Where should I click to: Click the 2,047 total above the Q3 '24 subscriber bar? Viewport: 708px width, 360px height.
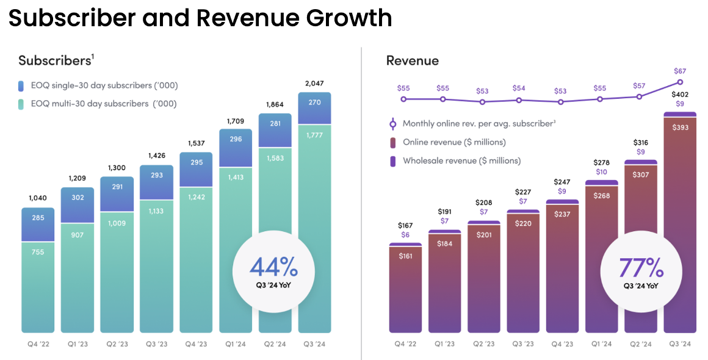coord(314,83)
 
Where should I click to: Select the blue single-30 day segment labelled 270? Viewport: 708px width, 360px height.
coord(315,103)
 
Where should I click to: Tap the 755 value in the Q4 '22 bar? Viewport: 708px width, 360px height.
coord(37,251)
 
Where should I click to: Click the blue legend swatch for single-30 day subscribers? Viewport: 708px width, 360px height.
coord(21,85)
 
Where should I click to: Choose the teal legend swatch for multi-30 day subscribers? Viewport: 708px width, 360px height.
coord(21,104)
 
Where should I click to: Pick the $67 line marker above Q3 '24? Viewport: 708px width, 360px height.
coord(681,82)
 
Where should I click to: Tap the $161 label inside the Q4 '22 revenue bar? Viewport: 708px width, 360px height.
coord(405,256)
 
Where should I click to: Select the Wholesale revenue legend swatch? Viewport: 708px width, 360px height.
coord(394,161)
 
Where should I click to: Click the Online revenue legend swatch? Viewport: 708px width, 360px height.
coord(394,143)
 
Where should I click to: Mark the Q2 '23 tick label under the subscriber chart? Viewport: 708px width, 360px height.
coord(117,344)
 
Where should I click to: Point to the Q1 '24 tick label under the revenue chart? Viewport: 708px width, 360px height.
coord(602,344)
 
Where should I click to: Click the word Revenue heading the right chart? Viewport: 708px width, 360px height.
coord(412,60)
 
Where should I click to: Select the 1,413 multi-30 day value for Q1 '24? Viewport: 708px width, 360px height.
coord(236,178)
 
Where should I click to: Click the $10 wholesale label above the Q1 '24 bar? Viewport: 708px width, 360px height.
coord(602,172)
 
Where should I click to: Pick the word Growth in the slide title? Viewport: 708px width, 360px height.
coord(350,18)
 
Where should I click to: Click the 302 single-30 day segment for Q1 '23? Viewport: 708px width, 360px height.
coord(77,198)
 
